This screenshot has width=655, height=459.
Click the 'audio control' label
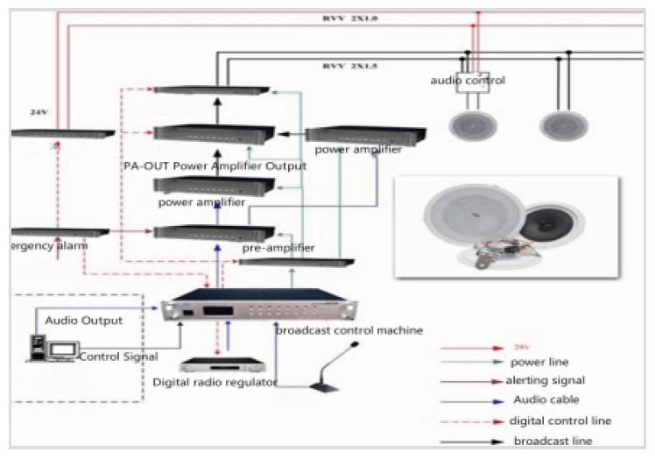point(467,81)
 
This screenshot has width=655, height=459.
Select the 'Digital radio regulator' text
point(215,382)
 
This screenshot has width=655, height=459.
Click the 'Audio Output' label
point(84,321)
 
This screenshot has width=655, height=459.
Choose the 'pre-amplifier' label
point(278,248)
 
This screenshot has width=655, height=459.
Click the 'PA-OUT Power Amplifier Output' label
point(215,166)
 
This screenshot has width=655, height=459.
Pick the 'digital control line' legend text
point(560,421)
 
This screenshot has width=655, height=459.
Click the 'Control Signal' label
point(117,357)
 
